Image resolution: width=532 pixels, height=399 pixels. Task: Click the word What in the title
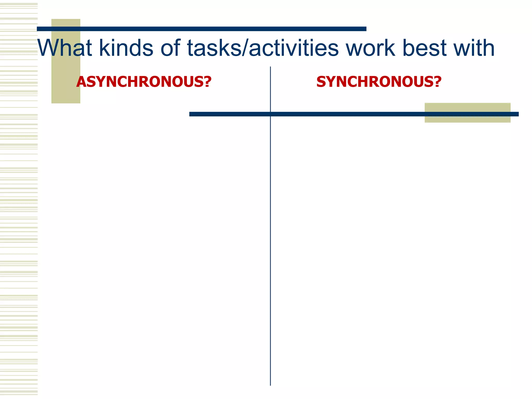point(65,48)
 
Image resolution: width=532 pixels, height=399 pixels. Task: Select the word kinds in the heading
point(126,48)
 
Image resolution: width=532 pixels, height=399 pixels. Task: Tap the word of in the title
point(170,48)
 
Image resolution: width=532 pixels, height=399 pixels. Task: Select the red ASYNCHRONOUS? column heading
point(144,82)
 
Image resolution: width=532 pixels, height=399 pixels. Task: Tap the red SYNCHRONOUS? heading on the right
point(379,82)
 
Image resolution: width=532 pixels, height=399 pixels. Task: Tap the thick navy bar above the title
point(202,29)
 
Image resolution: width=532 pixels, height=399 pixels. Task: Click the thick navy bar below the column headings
point(338,114)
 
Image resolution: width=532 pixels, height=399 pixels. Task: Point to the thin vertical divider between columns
point(270,234)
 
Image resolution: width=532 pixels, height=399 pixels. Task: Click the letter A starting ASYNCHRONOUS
point(81,82)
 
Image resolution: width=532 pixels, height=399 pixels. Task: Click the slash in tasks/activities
point(245,48)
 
